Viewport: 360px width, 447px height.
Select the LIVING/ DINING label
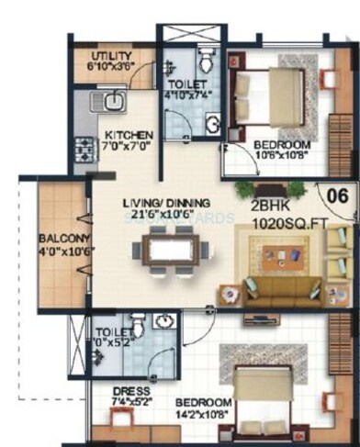click(167, 203)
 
